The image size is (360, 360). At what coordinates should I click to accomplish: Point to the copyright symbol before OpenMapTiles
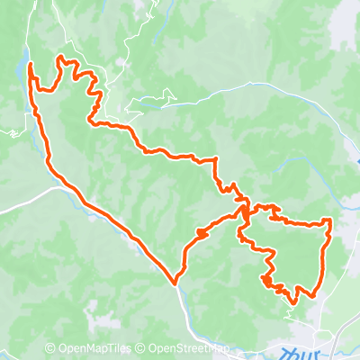(49, 348)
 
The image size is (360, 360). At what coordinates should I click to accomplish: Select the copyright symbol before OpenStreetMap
(140, 348)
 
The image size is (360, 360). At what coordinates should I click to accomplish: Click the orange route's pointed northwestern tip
(31, 65)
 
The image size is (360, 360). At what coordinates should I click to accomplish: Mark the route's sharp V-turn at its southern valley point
(176, 280)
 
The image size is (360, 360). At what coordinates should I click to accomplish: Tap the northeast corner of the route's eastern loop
(330, 220)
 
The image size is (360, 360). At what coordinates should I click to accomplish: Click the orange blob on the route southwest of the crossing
(199, 233)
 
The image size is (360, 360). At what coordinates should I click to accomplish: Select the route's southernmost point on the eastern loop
(311, 295)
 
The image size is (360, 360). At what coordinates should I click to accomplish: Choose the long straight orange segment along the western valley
(117, 226)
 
